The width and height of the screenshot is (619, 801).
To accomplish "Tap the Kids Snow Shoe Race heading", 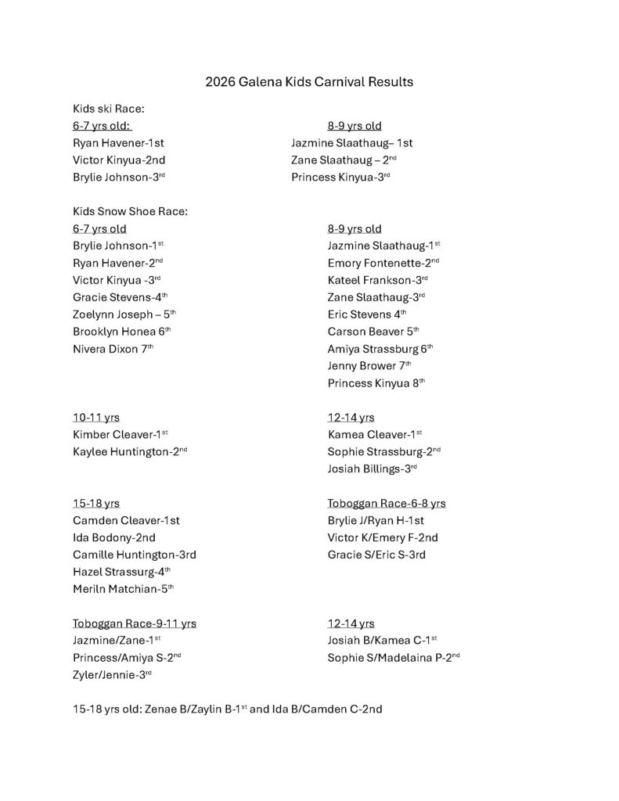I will point(131,211).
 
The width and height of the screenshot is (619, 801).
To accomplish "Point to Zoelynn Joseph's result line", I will point(124,314).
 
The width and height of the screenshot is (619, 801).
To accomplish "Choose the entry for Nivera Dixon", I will point(113,348).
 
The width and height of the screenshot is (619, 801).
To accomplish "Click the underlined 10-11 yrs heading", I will point(95,418).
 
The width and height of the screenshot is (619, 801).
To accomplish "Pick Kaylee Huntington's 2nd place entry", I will point(129,452).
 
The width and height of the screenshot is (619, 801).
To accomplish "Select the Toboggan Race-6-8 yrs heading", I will point(387,503).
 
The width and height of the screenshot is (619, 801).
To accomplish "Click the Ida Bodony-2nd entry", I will point(113,537).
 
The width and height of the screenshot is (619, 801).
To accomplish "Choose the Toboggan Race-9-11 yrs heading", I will point(134,623).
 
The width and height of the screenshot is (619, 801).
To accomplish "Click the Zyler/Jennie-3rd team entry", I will point(112,674).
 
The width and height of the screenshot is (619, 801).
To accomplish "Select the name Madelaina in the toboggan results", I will point(409,658).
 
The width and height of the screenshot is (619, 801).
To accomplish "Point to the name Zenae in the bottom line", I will point(162,709).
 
